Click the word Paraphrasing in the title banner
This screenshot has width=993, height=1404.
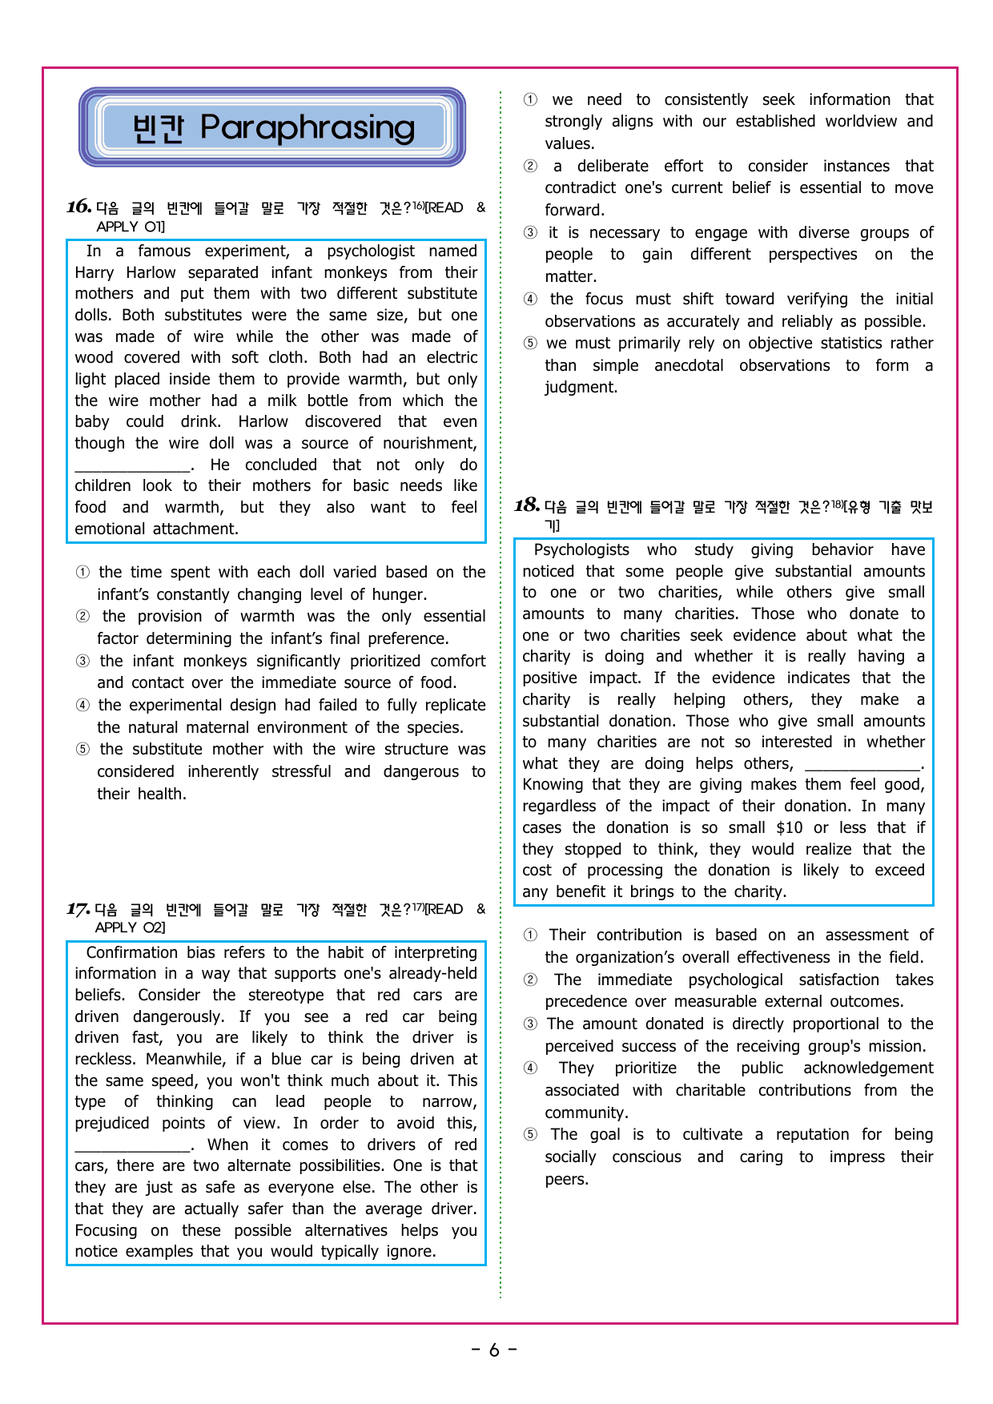308,127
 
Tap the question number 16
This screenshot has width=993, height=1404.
78,207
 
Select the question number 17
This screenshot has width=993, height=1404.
78,909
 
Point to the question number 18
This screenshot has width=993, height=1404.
526,505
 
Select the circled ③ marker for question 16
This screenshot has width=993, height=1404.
82,662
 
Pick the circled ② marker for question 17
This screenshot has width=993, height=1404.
530,167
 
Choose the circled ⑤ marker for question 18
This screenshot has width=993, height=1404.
530,1135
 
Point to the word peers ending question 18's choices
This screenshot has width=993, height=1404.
565,1179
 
